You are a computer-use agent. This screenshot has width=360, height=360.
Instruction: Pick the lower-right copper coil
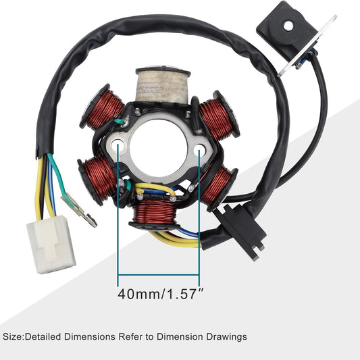217,185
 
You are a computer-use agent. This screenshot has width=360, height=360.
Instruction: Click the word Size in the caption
13,336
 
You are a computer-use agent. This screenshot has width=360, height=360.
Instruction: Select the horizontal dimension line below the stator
159,276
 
